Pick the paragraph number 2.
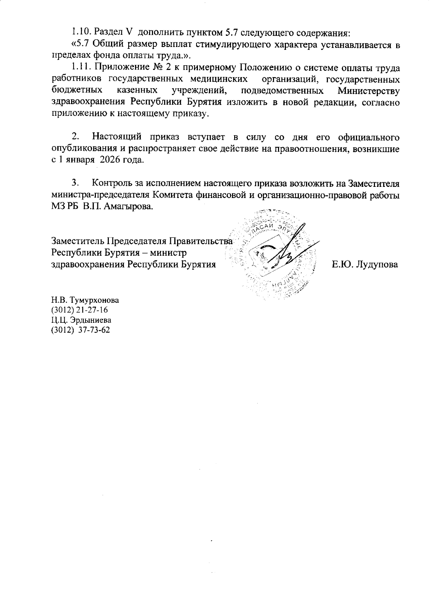point(75,137)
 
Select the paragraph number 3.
point(75,183)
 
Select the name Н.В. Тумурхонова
point(85,300)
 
